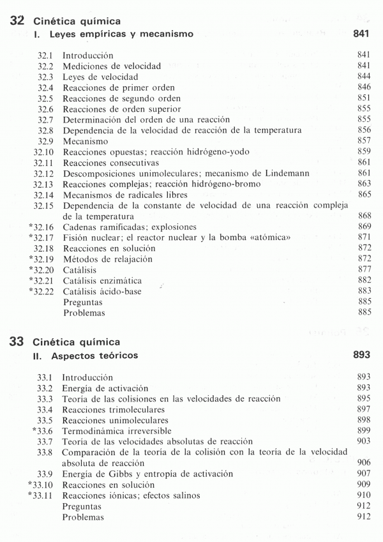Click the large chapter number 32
point(17,21)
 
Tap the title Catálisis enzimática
point(101,281)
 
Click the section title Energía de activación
point(105,388)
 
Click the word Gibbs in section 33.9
point(109,474)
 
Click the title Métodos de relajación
point(107,259)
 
